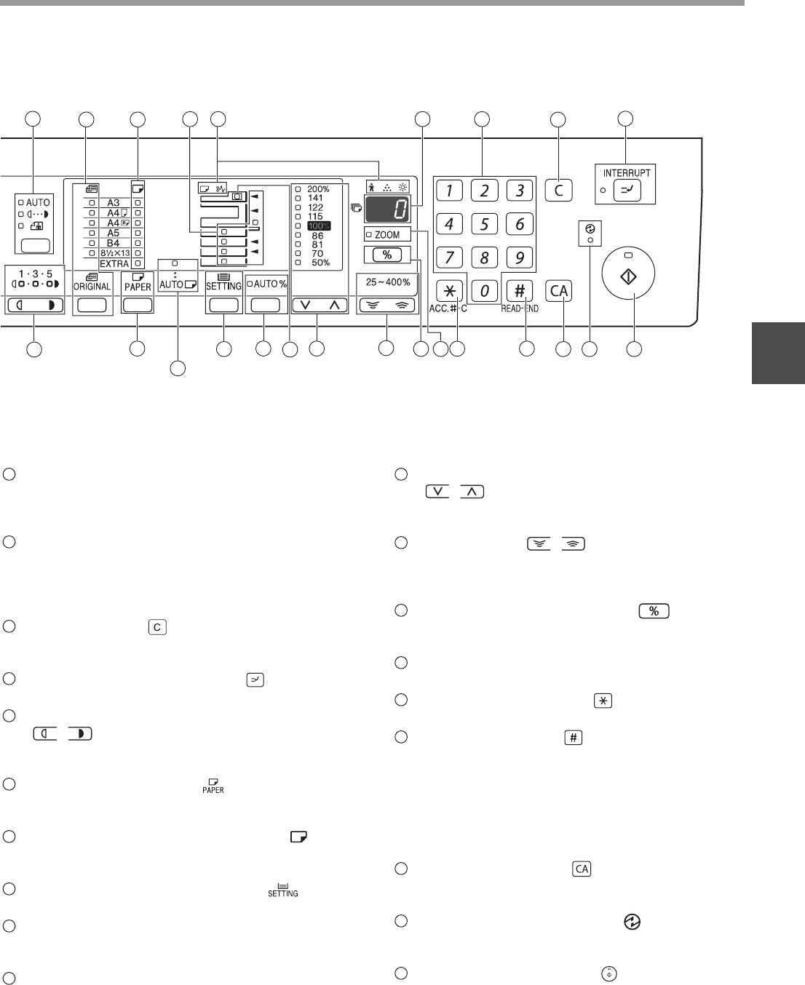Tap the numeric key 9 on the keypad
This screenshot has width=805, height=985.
pyautogui.click(x=519, y=258)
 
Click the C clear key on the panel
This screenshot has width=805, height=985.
pyautogui.click(x=558, y=191)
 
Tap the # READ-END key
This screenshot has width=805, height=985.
pyautogui.click(x=519, y=291)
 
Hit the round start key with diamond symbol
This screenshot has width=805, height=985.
pyautogui.click(x=628, y=276)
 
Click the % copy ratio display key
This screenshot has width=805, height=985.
pyautogui.click(x=387, y=255)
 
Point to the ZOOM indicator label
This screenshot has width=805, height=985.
pyautogui.click(x=387, y=235)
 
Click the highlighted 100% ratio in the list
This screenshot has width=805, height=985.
pyautogui.click(x=318, y=226)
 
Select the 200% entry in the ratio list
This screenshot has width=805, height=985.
pyautogui.click(x=318, y=189)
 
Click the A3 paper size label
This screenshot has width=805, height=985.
pyautogui.click(x=114, y=203)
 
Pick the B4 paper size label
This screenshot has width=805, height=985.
pyautogui.click(x=114, y=243)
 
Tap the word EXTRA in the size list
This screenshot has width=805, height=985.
pyautogui.click(x=114, y=263)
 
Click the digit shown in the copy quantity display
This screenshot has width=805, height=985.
pyautogui.click(x=399, y=209)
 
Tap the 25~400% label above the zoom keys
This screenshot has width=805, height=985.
pyautogui.click(x=387, y=282)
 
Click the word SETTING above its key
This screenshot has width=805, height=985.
pyautogui.click(x=223, y=286)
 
